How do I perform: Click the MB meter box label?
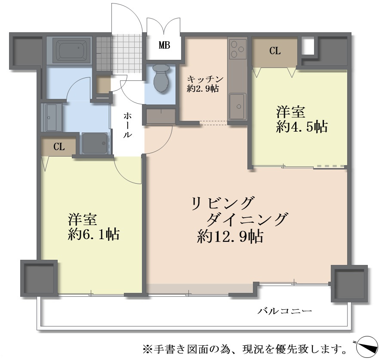pyautogui.click(x=164, y=45)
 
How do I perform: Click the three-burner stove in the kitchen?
pyautogui.click(x=237, y=49)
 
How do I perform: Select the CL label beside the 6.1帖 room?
pyautogui.click(x=59, y=147)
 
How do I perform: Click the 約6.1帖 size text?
pyautogui.click(x=94, y=234)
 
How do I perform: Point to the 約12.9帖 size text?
pyautogui.click(x=230, y=237)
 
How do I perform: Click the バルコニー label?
pyautogui.click(x=284, y=311)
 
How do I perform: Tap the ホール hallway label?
pyautogui.click(x=128, y=125)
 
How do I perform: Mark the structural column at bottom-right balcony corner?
pyautogui.click(x=349, y=283)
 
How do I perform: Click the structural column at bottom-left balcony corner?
pyautogui.click(x=39, y=277)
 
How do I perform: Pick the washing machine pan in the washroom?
pyautogui.click(x=95, y=143)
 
